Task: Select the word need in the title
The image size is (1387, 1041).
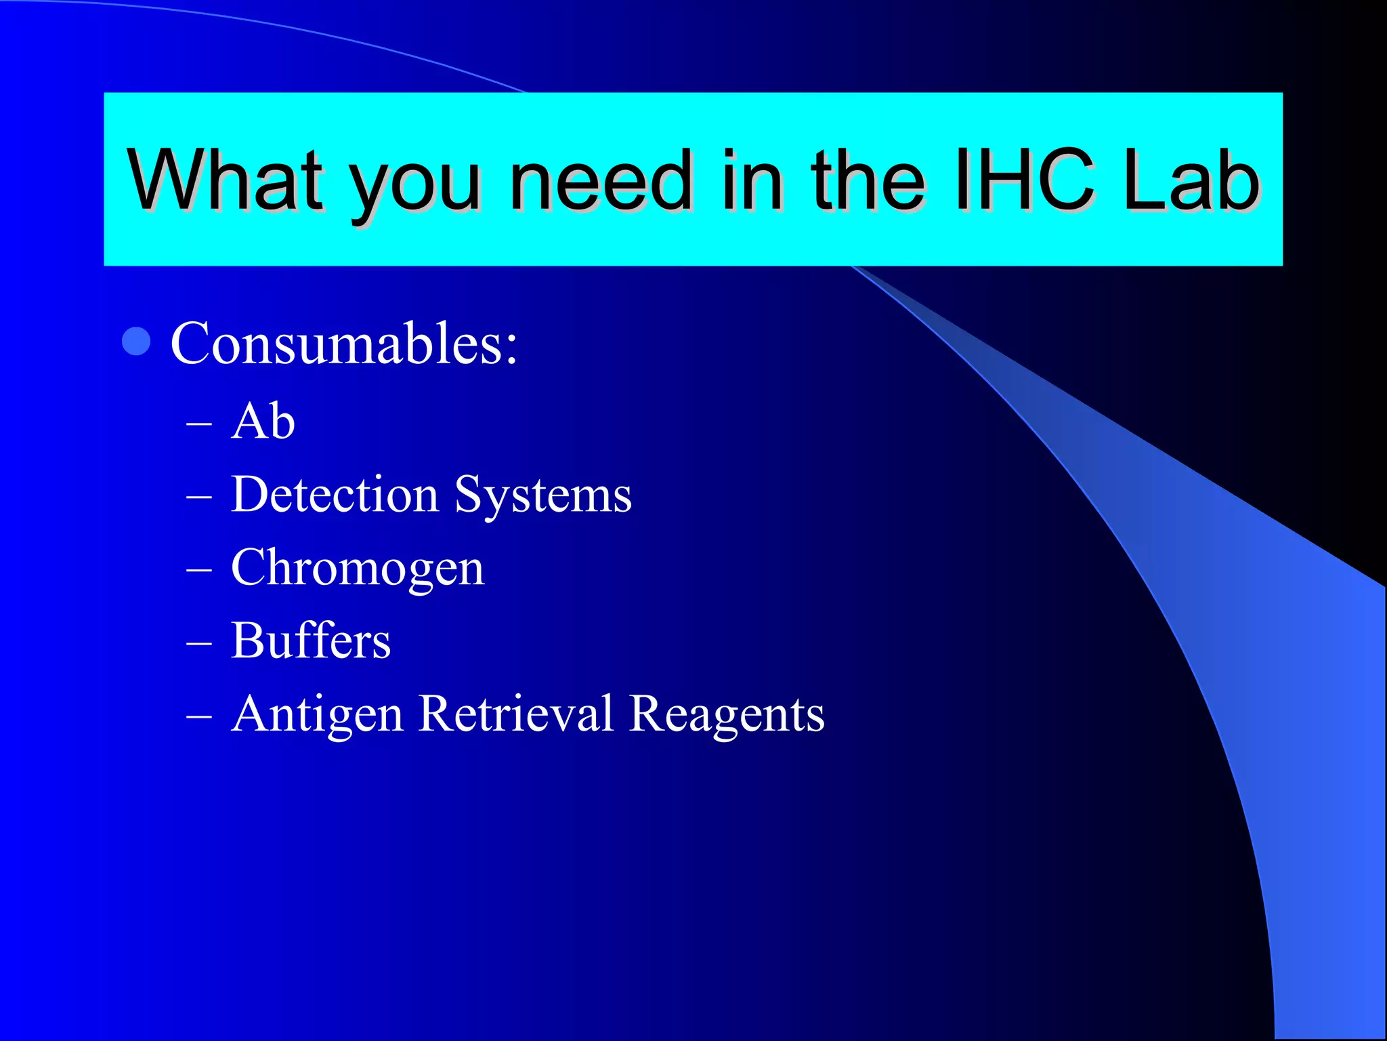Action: click(x=600, y=180)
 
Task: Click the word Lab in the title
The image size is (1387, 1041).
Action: click(x=1190, y=180)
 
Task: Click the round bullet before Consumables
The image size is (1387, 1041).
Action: click(x=136, y=342)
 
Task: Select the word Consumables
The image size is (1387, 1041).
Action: click(x=344, y=343)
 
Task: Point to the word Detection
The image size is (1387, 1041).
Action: click(x=335, y=494)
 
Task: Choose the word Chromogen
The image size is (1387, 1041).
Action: click(x=358, y=568)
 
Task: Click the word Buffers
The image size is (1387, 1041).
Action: click(x=311, y=640)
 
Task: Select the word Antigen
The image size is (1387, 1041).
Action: click(x=317, y=715)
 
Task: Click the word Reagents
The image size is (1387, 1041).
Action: click(x=727, y=715)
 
